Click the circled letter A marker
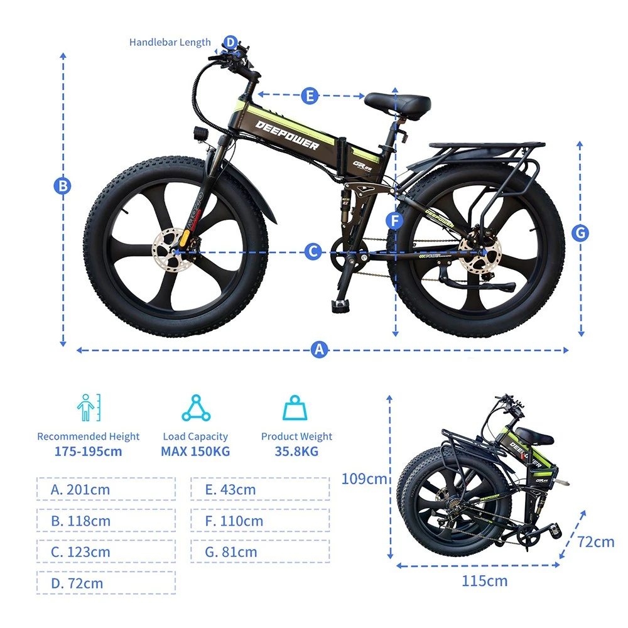click(x=319, y=349)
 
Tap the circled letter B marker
click(x=62, y=186)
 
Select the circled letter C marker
click(x=313, y=252)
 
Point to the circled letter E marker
click(x=310, y=96)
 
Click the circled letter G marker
click(x=580, y=233)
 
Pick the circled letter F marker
click(x=395, y=220)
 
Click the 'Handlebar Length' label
click(x=170, y=43)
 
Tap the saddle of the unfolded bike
click(x=398, y=106)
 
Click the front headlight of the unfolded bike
click(x=200, y=134)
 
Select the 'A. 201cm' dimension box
click(x=106, y=489)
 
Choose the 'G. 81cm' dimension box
click(x=261, y=551)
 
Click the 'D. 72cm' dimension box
click(x=106, y=583)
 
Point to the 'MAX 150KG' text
click(x=195, y=452)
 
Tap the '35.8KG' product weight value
click(x=296, y=452)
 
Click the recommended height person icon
click(x=89, y=408)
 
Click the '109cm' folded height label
click(x=364, y=478)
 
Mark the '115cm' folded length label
click(x=485, y=581)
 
